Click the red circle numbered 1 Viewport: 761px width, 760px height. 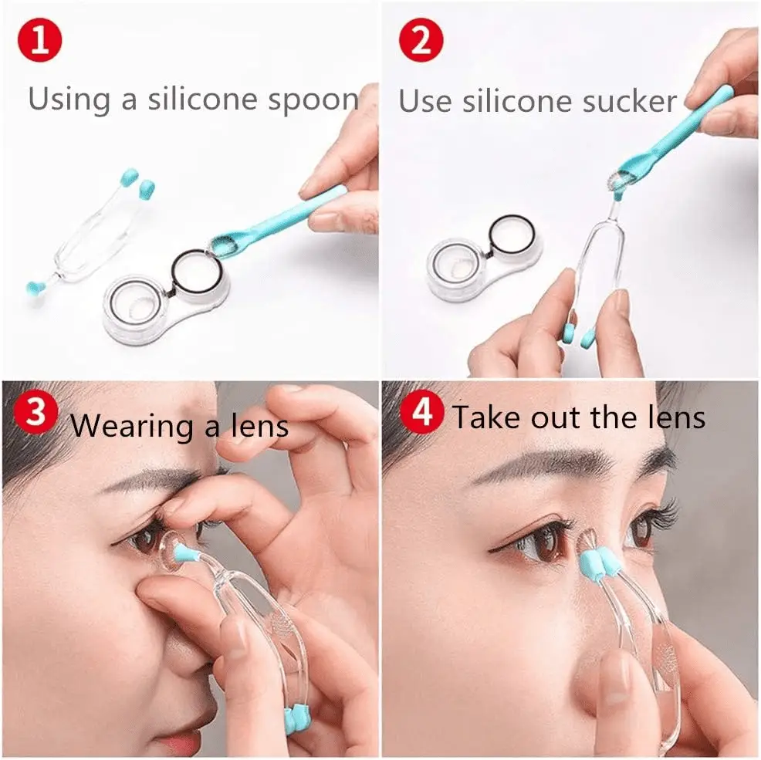coord(40,40)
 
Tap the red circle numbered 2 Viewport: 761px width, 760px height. coord(421,40)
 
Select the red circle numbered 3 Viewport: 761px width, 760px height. coord(36,413)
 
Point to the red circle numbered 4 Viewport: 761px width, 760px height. coord(421,412)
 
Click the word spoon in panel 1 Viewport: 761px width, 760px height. coord(313,100)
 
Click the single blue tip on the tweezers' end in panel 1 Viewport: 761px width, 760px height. coord(35,290)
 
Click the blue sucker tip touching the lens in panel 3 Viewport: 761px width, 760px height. coord(185,554)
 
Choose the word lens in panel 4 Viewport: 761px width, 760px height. coord(675,417)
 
